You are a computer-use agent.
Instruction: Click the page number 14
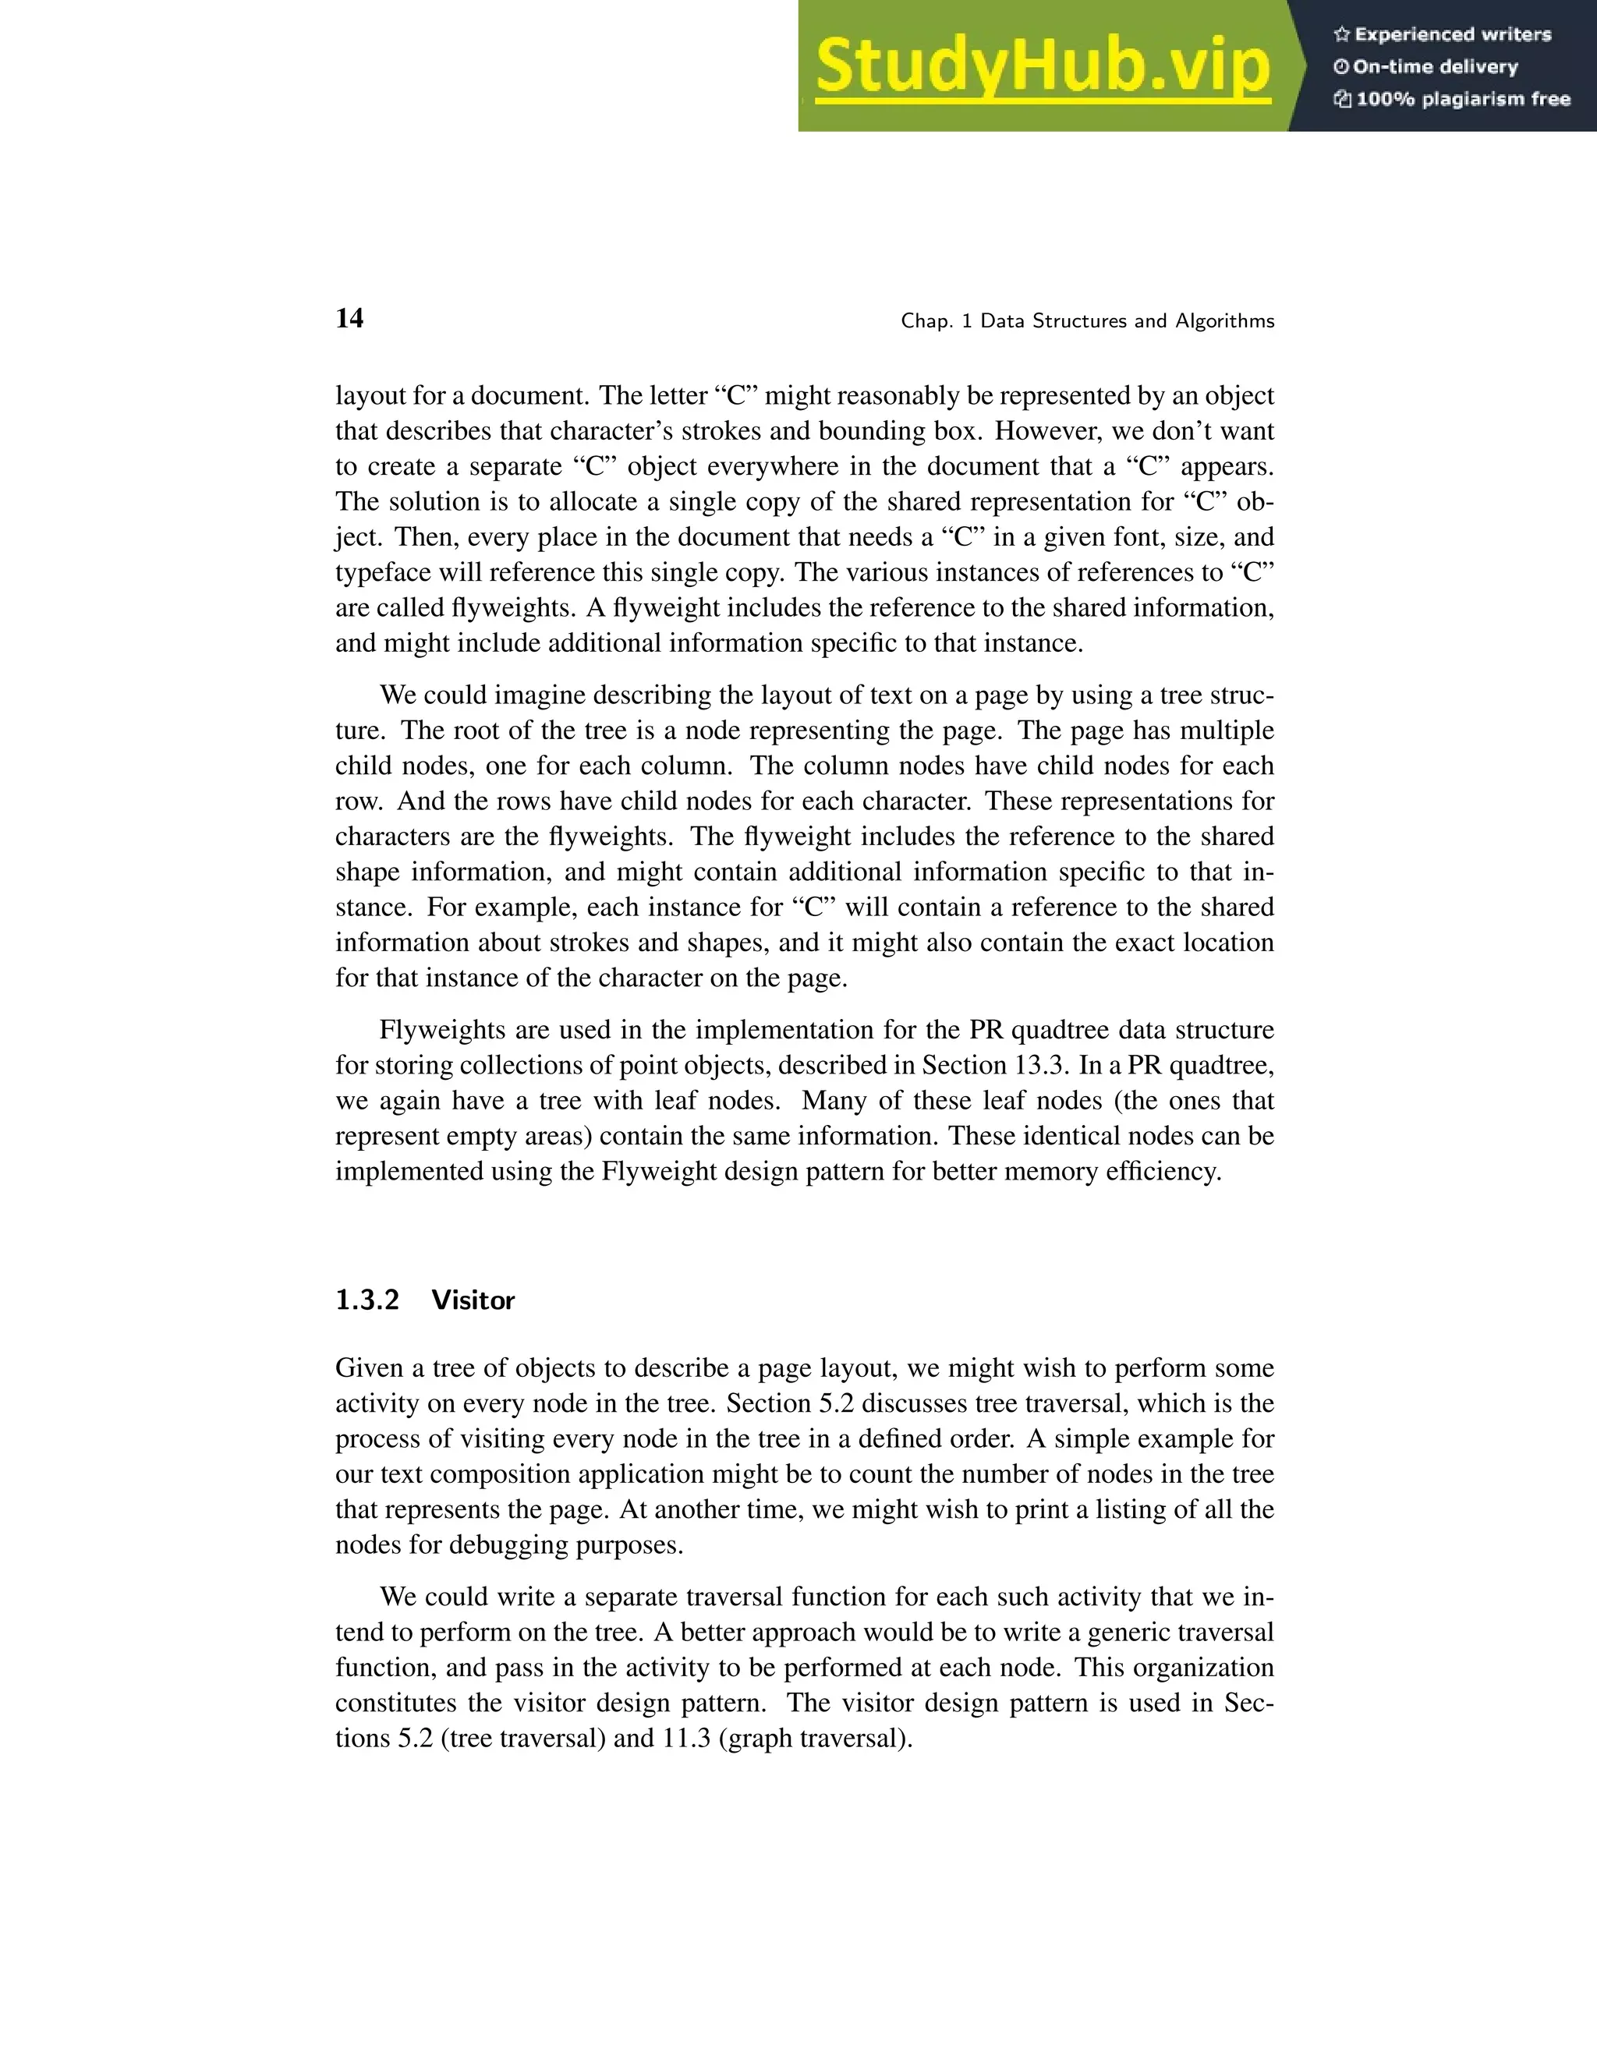(x=349, y=318)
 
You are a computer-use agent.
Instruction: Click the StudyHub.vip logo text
(x=1042, y=66)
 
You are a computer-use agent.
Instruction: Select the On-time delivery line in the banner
(x=1434, y=67)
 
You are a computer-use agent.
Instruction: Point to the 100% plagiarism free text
(x=1463, y=99)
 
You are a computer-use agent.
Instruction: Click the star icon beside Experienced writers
(x=1340, y=35)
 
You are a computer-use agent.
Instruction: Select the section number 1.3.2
(x=367, y=1300)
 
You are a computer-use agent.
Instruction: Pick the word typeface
(x=382, y=572)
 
